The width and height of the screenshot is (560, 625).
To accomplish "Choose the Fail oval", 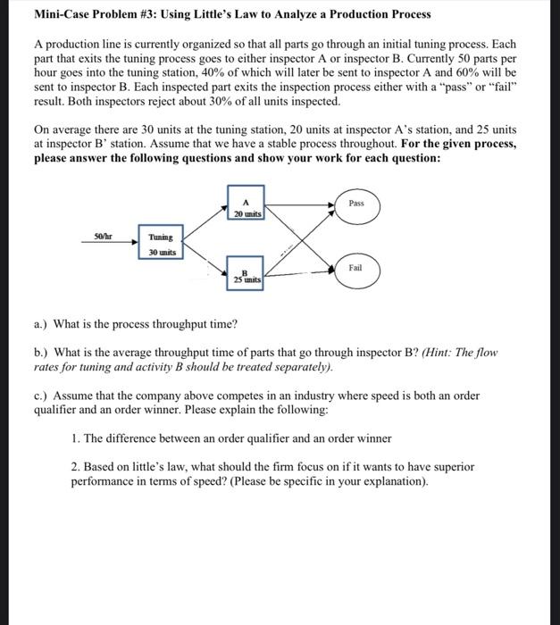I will (356, 268).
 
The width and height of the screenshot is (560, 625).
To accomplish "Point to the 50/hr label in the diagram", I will (104, 237).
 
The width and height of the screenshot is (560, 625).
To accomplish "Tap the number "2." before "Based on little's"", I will (75, 467).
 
